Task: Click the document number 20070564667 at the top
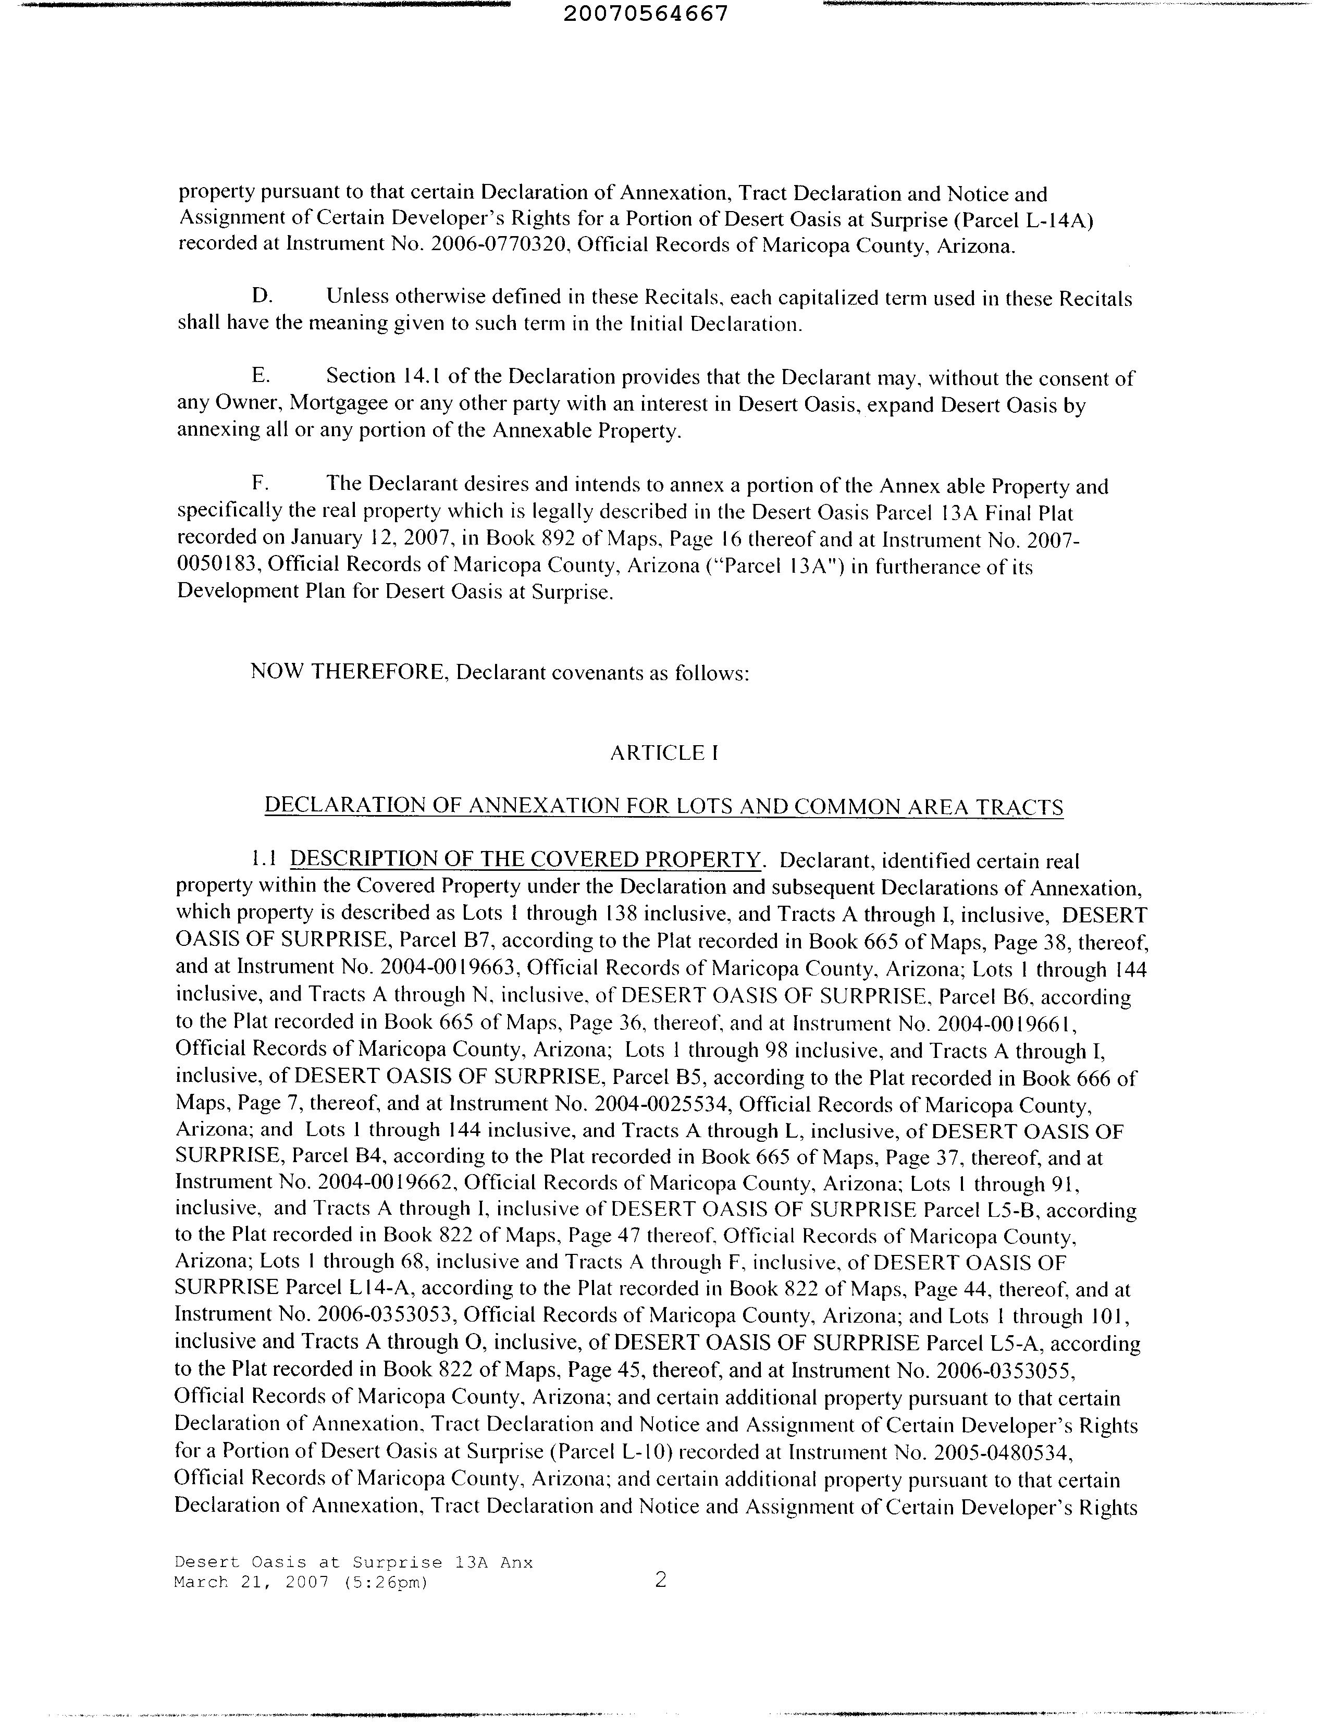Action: (647, 14)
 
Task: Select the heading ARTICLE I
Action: (664, 753)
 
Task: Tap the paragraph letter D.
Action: (262, 297)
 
